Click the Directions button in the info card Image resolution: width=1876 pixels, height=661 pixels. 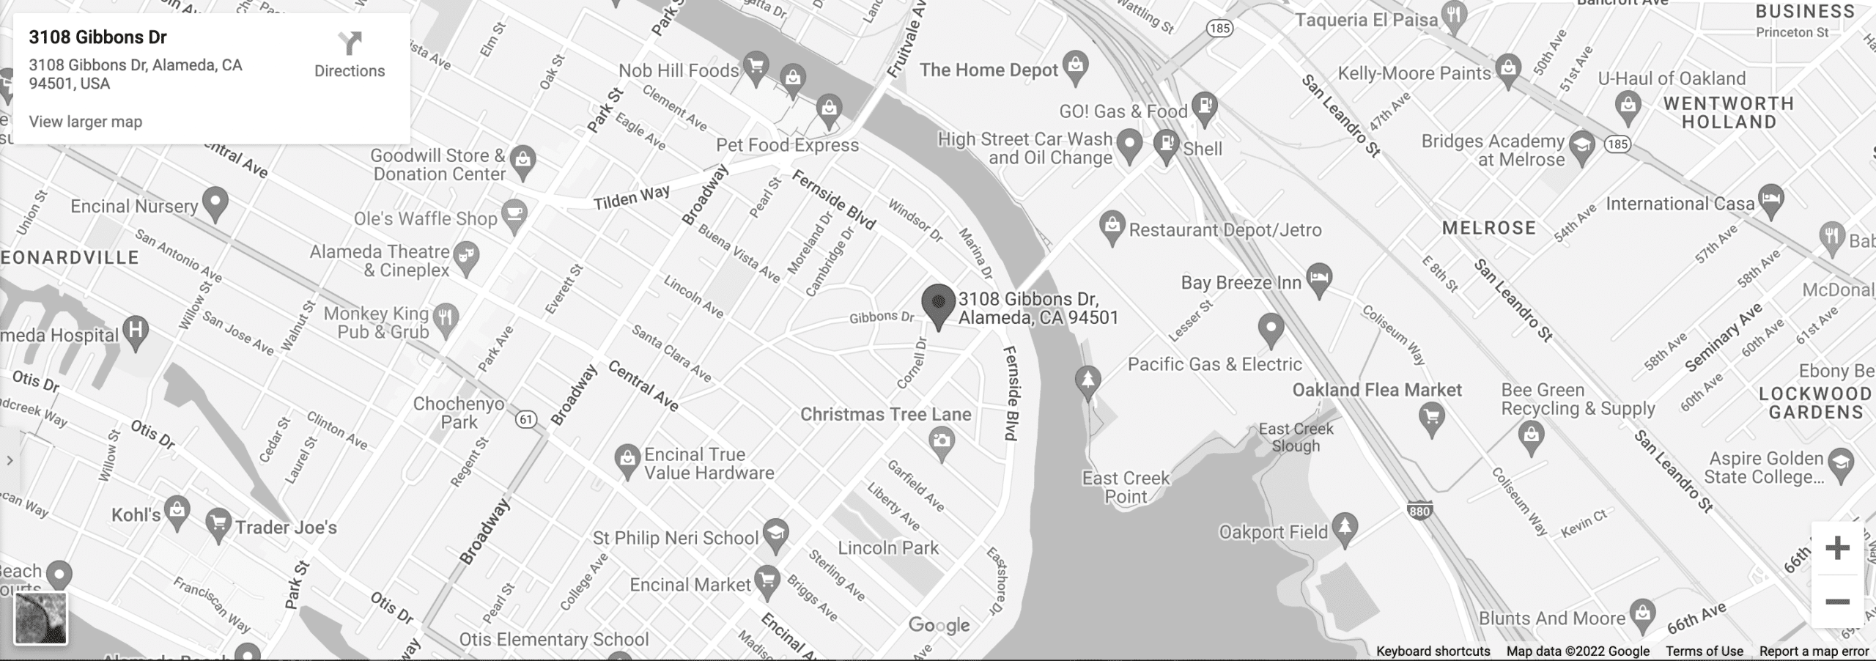click(x=350, y=55)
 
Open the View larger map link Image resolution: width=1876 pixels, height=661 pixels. click(x=86, y=122)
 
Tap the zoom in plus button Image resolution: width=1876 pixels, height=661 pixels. click(x=1836, y=548)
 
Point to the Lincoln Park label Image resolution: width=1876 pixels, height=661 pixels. click(x=888, y=547)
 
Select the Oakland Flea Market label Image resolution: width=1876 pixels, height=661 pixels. click(x=1376, y=390)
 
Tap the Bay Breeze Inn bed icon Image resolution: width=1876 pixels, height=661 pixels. click(x=1319, y=279)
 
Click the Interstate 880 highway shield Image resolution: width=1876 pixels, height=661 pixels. click(x=1419, y=511)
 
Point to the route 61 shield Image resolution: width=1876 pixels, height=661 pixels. click(x=526, y=419)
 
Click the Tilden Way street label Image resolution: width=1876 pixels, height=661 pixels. click(x=631, y=197)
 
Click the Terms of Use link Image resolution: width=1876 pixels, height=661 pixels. click(x=1704, y=651)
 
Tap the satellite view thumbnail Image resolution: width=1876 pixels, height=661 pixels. click(x=41, y=618)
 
